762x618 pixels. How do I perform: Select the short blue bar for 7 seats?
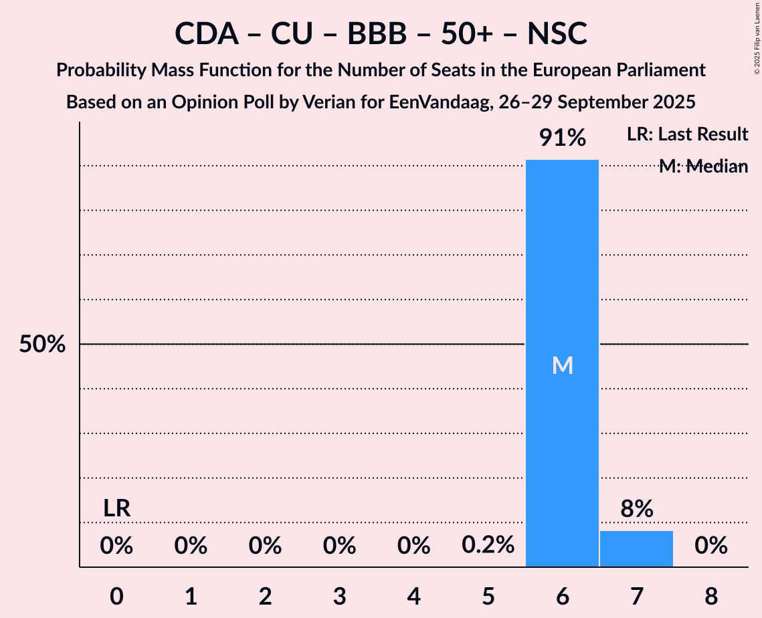(636, 548)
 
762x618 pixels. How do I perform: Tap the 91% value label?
(563, 138)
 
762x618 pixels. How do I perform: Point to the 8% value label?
(636, 510)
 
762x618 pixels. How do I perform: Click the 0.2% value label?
(488, 546)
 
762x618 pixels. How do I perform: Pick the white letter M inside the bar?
(563, 365)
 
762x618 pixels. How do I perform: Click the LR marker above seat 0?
(116, 508)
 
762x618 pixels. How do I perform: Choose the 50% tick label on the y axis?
(42, 344)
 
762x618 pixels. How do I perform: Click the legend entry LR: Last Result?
(687, 134)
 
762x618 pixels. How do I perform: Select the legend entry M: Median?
(703, 167)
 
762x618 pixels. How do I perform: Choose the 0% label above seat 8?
(710, 546)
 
